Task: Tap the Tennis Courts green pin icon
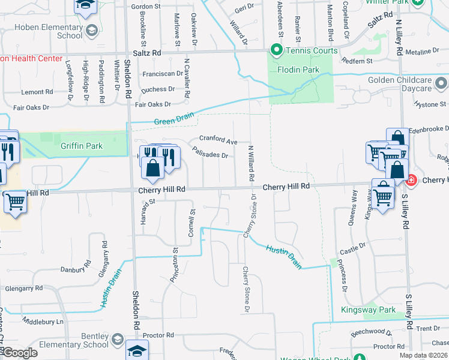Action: tap(277, 50)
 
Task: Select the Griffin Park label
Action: tap(82, 146)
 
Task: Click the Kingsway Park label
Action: tap(368, 310)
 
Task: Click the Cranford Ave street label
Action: tap(218, 142)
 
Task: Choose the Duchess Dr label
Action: tap(157, 89)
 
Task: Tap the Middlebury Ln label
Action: tap(43, 322)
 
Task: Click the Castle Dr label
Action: tap(352, 245)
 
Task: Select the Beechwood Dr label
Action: tap(372, 331)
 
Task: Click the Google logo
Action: tap(19, 353)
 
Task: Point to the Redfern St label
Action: tap(357, 61)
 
